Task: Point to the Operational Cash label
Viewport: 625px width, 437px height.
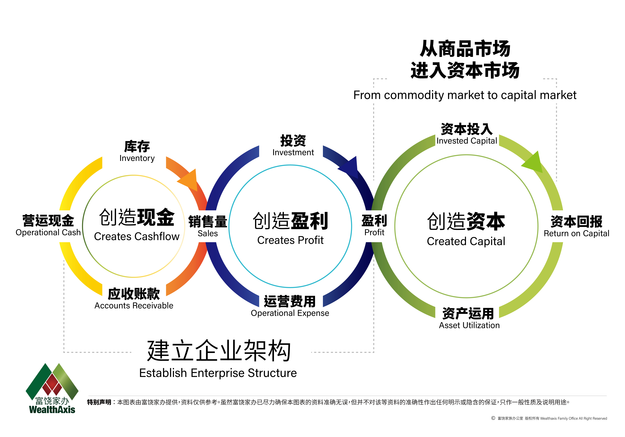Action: pyautogui.click(x=48, y=232)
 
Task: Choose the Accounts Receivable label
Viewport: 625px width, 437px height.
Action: pyautogui.click(x=134, y=306)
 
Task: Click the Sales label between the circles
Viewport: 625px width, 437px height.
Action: pyautogui.click(x=208, y=233)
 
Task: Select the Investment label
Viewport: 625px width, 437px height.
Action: pyautogui.click(x=293, y=152)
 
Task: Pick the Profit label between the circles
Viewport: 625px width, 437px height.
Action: pyautogui.click(x=374, y=232)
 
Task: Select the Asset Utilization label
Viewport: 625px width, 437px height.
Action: pyautogui.click(x=469, y=325)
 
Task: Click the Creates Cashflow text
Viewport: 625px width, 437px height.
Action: pyautogui.click(x=137, y=236)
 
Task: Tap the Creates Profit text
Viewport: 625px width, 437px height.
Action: pyautogui.click(x=290, y=240)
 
